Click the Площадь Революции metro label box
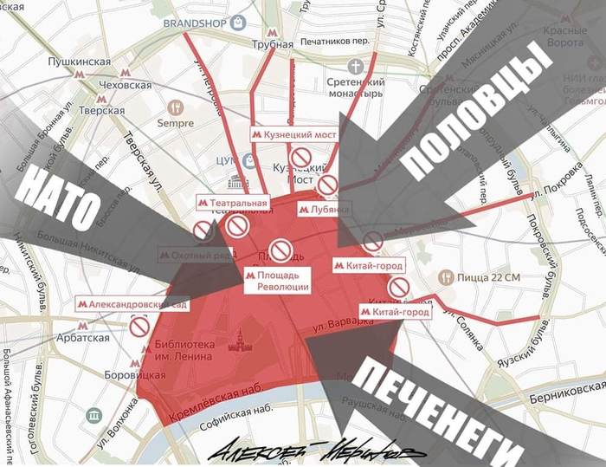[276, 281]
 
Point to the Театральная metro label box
[233, 203]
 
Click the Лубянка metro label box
[324, 209]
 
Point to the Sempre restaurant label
[176, 123]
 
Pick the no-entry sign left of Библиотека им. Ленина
[139, 326]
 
